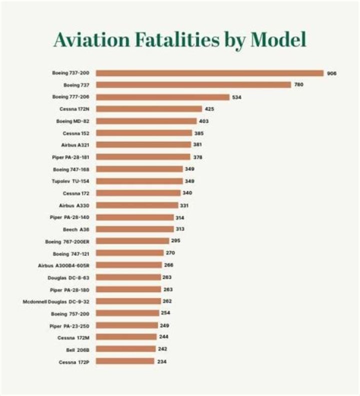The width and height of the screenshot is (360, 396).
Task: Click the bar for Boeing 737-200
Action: (x=209, y=73)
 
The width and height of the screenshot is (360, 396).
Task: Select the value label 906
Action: (x=331, y=73)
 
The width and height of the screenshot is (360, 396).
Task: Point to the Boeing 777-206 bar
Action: (x=162, y=97)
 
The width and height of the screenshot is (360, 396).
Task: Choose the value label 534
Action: (x=236, y=97)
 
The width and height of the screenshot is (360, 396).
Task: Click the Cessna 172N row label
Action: (x=74, y=109)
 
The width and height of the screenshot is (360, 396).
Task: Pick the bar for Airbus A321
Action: (x=143, y=145)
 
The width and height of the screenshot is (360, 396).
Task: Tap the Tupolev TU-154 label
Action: (x=71, y=181)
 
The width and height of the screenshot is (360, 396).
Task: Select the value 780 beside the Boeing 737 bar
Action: (x=298, y=85)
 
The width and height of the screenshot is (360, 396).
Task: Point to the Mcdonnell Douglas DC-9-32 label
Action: (x=56, y=301)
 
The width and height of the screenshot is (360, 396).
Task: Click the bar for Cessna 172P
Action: (x=125, y=361)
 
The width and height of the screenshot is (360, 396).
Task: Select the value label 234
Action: (x=161, y=361)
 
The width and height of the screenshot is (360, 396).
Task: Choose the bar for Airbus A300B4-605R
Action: (x=128, y=265)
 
